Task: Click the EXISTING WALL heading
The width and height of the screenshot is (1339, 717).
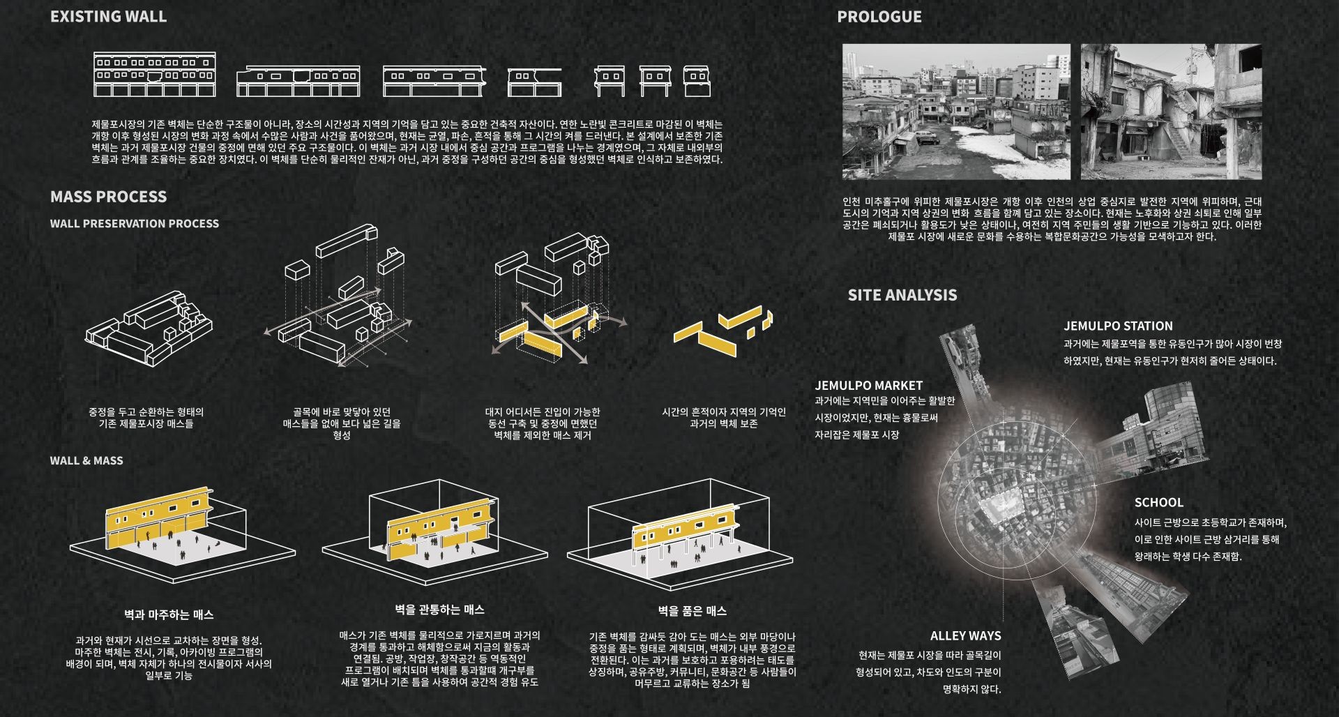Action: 108,16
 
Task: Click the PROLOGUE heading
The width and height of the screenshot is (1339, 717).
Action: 879,17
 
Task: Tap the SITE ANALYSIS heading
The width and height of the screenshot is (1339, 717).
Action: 902,295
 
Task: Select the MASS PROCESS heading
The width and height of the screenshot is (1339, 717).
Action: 108,197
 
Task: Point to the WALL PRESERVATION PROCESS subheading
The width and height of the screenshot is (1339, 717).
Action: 135,223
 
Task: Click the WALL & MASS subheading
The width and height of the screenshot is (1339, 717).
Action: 86,460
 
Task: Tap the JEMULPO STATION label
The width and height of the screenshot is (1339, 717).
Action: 1118,326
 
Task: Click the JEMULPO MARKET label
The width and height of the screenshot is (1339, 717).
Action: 868,385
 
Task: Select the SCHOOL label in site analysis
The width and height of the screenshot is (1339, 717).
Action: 1158,502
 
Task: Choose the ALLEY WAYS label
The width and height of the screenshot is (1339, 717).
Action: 965,635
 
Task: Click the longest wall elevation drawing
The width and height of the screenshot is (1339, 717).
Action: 155,74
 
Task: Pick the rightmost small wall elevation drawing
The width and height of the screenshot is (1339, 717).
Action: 696,82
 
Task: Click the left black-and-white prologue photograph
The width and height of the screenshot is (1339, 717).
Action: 956,112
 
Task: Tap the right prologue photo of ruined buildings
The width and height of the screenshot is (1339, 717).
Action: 1171,112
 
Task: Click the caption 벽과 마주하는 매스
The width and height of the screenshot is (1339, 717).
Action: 169,614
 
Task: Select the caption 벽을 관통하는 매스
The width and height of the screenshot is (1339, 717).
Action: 439,610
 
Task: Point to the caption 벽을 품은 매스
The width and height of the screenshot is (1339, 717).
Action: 693,611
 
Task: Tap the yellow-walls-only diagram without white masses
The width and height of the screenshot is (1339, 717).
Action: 723,331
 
